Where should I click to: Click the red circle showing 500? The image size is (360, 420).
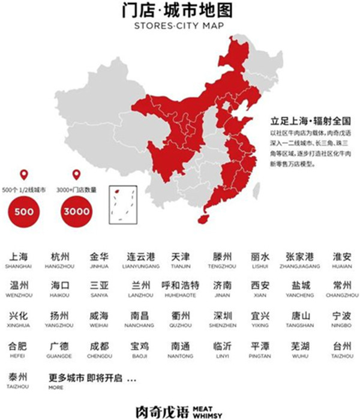coord(24,211)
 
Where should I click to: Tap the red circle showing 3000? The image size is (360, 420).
coord(77,211)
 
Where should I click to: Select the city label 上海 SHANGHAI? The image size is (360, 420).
coord(19,259)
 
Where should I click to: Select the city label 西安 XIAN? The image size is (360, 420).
coord(260,287)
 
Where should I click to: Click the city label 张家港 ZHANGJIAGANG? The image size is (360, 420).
coord(301,259)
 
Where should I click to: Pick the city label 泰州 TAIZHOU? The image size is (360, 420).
coord(19,380)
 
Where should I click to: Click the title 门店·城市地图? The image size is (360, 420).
coord(180,12)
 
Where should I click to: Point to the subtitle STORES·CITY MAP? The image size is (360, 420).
coord(180,27)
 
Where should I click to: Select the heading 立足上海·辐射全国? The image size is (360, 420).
coord(298,121)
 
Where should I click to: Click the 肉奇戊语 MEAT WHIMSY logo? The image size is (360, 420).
coord(180,410)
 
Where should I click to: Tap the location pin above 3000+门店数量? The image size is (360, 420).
coord(77,175)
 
